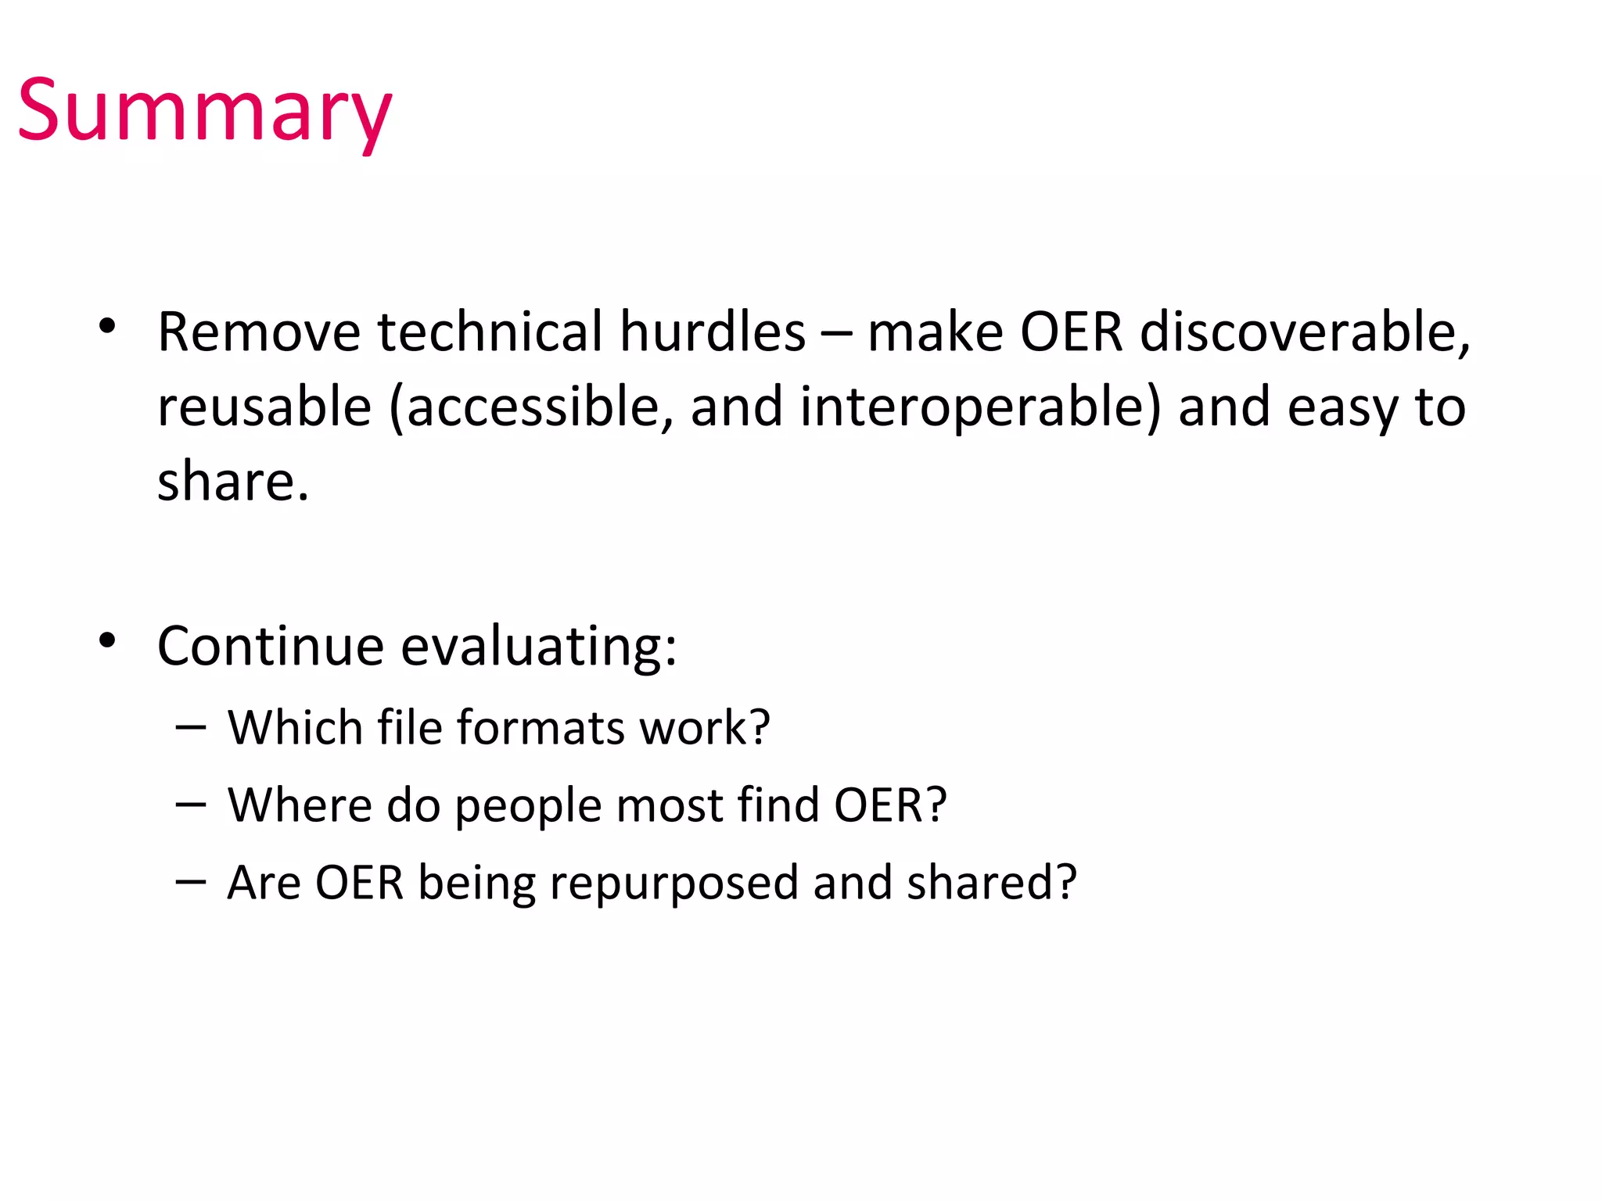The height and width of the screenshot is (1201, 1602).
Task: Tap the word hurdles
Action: pyautogui.click(x=713, y=332)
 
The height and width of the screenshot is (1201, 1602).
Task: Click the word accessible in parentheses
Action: pyautogui.click(x=532, y=408)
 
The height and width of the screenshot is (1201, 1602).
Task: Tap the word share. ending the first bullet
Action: pyautogui.click(x=233, y=482)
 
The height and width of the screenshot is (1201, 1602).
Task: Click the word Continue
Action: pyautogui.click(x=271, y=647)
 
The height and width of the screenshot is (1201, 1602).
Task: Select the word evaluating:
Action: pyautogui.click(x=539, y=648)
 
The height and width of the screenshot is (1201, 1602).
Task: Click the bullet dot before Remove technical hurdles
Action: pyautogui.click(x=108, y=326)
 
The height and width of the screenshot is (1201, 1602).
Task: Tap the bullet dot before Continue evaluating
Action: pyautogui.click(x=108, y=640)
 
